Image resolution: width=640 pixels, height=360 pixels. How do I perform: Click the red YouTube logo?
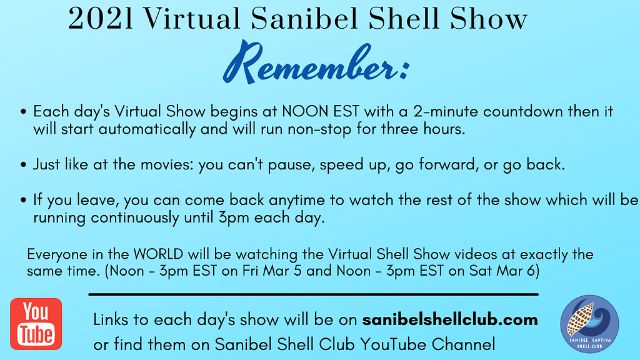point(36,324)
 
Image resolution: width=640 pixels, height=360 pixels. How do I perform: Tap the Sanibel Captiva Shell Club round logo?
point(589,324)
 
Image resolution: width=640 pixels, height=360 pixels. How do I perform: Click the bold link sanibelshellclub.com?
point(450,320)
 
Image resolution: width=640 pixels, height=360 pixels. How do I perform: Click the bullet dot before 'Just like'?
point(24,166)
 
